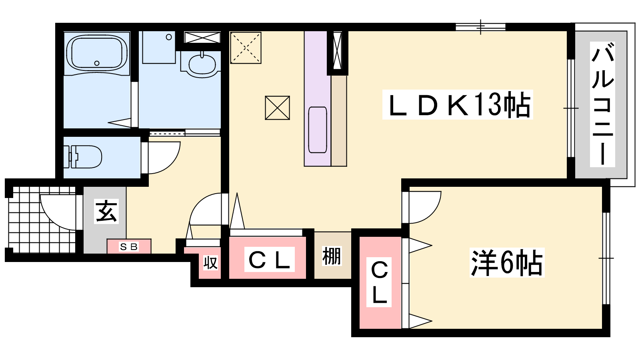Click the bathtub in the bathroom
97,53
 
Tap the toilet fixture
83,156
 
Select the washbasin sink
202,65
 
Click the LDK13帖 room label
458,104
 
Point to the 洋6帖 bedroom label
507,263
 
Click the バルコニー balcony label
602,104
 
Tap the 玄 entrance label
106,212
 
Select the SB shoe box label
129,246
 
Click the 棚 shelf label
332,256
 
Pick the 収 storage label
210,263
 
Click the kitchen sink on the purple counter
318,130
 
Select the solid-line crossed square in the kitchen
278,108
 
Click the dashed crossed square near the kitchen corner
246,48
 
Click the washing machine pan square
158,47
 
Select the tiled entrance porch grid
42,220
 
